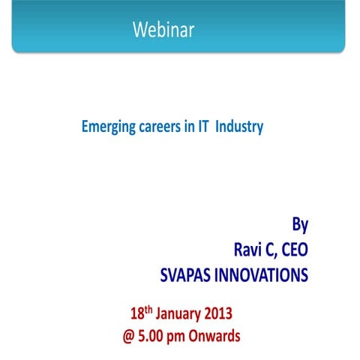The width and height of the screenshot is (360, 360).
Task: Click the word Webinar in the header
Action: click(163, 30)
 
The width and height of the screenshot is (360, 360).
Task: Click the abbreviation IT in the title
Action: click(203, 127)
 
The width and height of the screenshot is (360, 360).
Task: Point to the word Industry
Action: click(239, 127)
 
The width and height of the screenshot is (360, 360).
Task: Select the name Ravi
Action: click(250, 249)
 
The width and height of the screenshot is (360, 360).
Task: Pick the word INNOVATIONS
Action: click(264, 275)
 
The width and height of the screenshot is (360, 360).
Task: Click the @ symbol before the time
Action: click(130, 336)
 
